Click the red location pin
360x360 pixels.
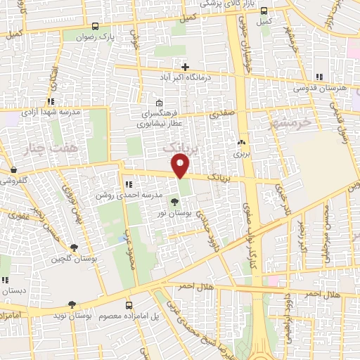[x=181, y=166]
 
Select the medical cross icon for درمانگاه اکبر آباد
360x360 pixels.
[x=185, y=66]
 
